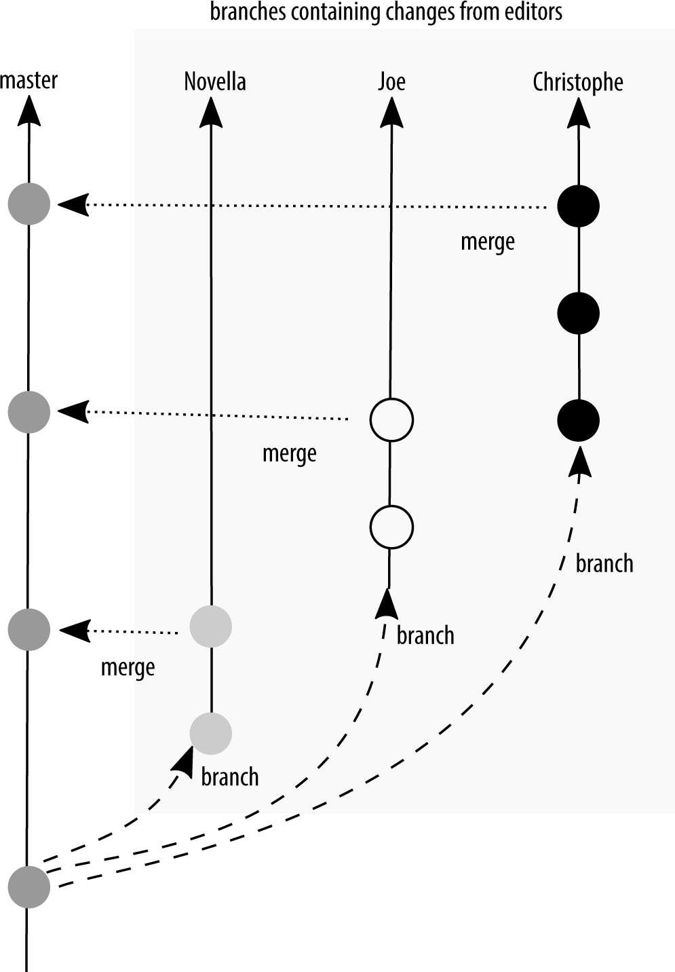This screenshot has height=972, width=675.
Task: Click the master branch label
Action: pyautogui.click(x=28, y=80)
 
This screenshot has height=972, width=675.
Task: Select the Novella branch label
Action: pyautogui.click(x=214, y=81)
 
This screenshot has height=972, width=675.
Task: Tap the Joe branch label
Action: pyautogui.click(x=391, y=81)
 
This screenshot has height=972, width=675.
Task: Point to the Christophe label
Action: pyautogui.click(x=577, y=82)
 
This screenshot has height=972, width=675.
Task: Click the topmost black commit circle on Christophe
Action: pyautogui.click(x=578, y=206)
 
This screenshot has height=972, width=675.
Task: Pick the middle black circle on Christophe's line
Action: pyautogui.click(x=578, y=313)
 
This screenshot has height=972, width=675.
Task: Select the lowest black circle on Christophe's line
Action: pyautogui.click(x=578, y=420)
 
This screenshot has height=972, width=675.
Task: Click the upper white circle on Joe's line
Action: pyautogui.click(x=391, y=420)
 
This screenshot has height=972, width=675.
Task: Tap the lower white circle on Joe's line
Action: pyautogui.click(x=391, y=527)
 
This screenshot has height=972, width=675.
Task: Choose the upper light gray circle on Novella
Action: pyautogui.click(x=211, y=626)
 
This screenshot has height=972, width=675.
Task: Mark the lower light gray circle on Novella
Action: pyautogui.click(x=211, y=733)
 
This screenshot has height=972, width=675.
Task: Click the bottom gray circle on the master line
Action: pyautogui.click(x=29, y=886)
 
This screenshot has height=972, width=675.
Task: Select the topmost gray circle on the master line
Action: pyautogui.click(x=29, y=203)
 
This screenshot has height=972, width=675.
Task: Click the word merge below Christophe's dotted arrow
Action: pyautogui.click(x=487, y=242)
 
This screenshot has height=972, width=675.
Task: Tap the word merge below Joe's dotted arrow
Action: pyautogui.click(x=289, y=453)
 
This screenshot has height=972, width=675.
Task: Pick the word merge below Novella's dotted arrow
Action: pyautogui.click(x=128, y=668)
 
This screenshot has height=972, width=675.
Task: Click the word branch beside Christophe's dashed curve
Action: pyautogui.click(x=604, y=563)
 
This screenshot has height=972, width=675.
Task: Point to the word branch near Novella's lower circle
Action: pyautogui.click(x=230, y=777)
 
